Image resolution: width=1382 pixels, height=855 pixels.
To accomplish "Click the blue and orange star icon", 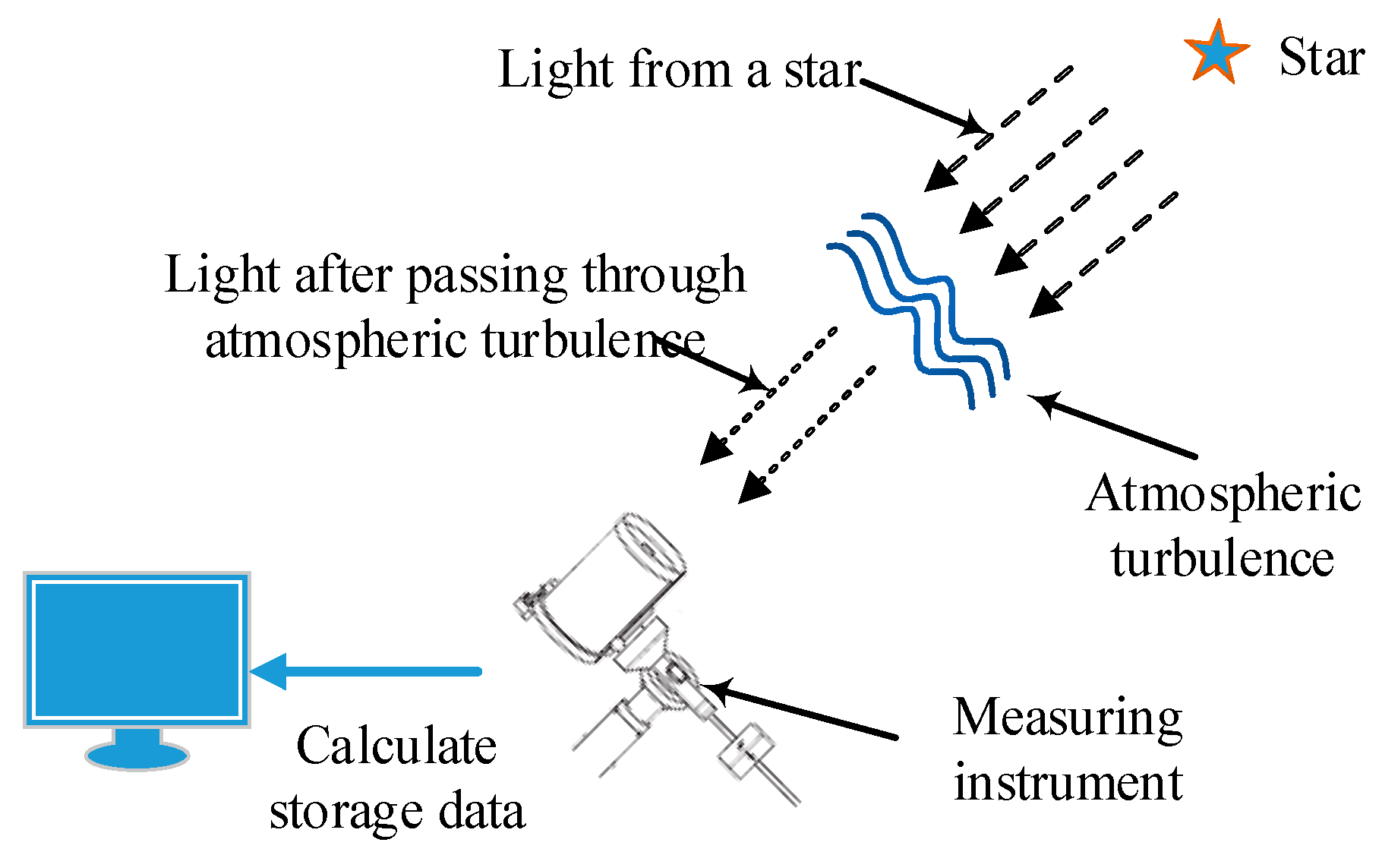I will point(1216,53).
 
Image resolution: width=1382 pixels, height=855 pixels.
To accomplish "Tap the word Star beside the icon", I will point(1321,58).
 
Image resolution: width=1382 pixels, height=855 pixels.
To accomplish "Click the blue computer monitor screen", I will point(137,650).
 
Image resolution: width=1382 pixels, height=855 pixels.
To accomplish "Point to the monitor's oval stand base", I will point(137,756).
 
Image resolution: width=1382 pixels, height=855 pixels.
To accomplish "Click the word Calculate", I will point(396,746).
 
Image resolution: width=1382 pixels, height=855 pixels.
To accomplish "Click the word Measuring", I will point(1068,718).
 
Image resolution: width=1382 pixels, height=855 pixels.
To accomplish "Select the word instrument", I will point(1068,783).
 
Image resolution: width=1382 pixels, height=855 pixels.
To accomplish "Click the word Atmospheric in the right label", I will point(1223,494).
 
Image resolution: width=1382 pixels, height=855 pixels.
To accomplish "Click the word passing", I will point(487,276).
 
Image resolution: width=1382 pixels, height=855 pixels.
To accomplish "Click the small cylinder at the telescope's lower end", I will point(746,751).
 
